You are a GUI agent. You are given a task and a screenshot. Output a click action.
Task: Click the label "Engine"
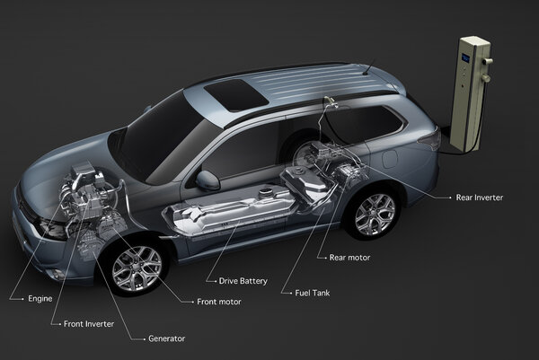pyautogui.click(x=40, y=299)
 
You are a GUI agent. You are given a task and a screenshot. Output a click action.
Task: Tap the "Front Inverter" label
pyautogui.click(x=89, y=323)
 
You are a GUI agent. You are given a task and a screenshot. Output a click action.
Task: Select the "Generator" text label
pyautogui.click(x=167, y=338)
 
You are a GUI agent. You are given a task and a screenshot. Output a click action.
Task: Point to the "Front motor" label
pyautogui.click(x=219, y=302)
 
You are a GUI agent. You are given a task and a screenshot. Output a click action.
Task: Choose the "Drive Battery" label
pyautogui.click(x=243, y=281)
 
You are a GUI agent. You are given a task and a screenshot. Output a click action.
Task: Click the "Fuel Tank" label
pyautogui.click(x=313, y=293)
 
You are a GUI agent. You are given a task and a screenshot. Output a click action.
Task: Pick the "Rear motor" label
pyautogui.click(x=349, y=258)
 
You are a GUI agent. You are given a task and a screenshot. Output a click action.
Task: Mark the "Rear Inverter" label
pyautogui.click(x=479, y=198)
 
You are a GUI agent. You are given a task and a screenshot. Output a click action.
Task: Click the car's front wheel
pyautogui.click(x=137, y=268)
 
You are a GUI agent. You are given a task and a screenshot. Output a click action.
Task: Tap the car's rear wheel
pyautogui.click(x=375, y=215)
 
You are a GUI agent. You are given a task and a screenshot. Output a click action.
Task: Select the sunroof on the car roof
pyautogui.click(x=235, y=95)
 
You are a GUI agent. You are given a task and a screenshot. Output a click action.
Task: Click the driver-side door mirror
pyautogui.click(x=208, y=180)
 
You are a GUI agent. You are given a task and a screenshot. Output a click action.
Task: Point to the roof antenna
pyautogui.click(x=368, y=66)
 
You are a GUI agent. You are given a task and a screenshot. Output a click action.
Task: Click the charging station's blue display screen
pyautogui.click(x=465, y=57)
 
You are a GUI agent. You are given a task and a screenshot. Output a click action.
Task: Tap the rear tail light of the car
pyautogui.click(x=430, y=138)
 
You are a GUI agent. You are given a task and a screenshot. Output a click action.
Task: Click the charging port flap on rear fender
pyautogui.click(x=390, y=159)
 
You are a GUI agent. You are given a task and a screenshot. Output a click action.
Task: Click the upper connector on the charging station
pyautogui.click(x=488, y=61)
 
